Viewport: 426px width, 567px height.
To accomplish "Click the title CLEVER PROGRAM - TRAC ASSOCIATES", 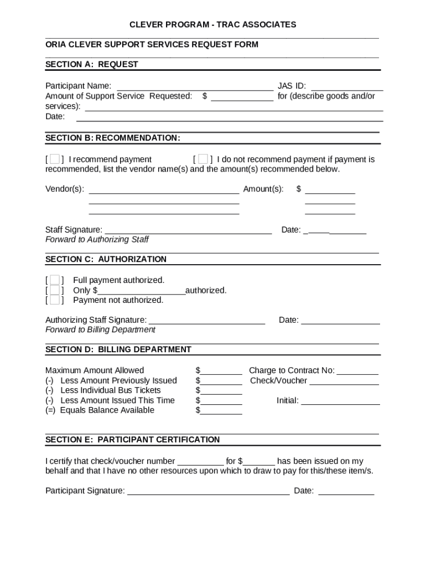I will click(x=212, y=24).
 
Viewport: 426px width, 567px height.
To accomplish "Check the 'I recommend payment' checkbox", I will click(x=54, y=159).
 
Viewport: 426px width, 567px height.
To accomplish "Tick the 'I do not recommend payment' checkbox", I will click(x=203, y=159).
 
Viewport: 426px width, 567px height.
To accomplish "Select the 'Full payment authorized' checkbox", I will click(x=54, y=280).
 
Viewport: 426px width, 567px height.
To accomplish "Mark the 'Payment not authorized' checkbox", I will click(x=54, y=300).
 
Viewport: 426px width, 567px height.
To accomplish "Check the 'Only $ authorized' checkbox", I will click(x=54, y=290).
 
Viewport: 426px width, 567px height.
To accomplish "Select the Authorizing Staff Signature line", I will click(x=207, y=321).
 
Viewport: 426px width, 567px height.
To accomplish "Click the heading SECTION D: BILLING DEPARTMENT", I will click(x=118, y=349).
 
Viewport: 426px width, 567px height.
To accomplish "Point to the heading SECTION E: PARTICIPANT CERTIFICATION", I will click(x=132, y=440).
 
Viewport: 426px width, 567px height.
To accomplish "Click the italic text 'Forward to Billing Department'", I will click(x=100, y=330).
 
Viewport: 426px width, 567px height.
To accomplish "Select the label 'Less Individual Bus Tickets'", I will click(x=110, y=390).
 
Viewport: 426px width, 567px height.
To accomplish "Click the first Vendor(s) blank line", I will click(x=164, y=190).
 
